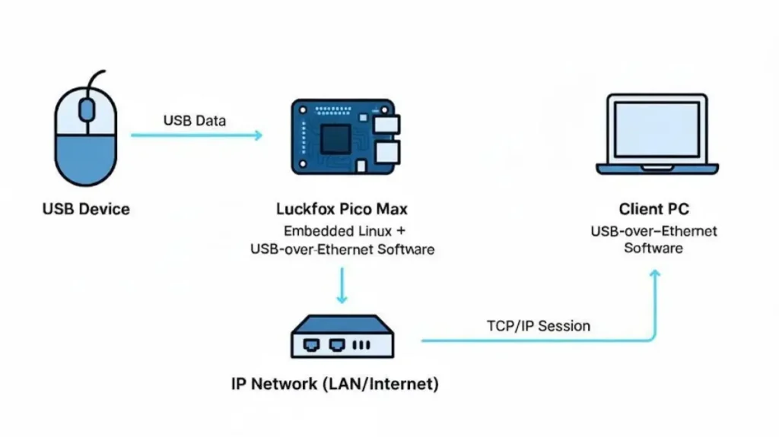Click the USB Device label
(x=86, y=209)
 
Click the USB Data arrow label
(x=194, y=120)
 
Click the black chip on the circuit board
(x=335, y=139)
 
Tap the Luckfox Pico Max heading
(x=342, y=208)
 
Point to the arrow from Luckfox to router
(x=342, y=287)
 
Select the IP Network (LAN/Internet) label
(x=335, y=384)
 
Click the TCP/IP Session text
(x=538, y=326)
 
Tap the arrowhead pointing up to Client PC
(x=654, y=274)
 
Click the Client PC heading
(x=653, y=209)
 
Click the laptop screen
(x=656, y=129)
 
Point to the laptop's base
(x=656, y=167)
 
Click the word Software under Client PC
(x=653, y=249)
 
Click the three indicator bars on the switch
(x=361, y=344)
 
